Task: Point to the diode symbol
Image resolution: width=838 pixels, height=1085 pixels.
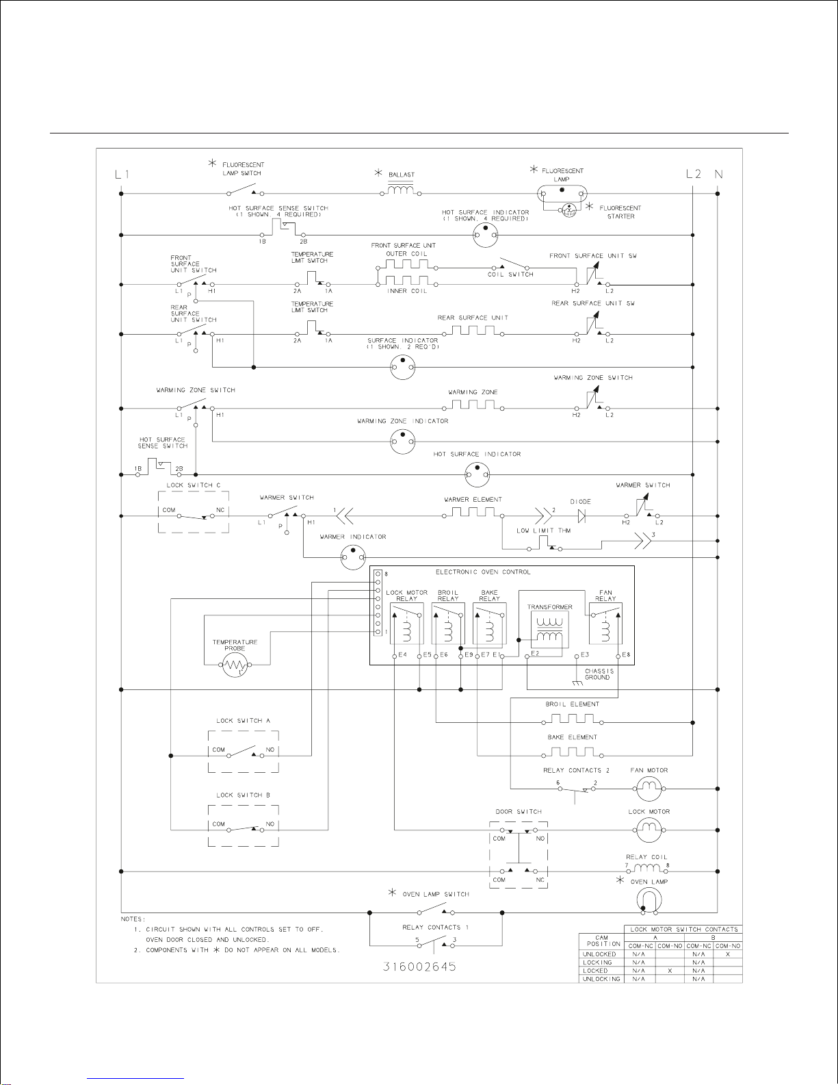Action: point(583,516)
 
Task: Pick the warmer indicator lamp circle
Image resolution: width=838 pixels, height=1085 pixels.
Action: point(353,557)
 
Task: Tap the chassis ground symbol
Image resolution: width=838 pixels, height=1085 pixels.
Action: point(578,682)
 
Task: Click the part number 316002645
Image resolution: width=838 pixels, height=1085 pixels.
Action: point(419,967)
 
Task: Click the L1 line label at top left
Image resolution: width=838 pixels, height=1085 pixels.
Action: point(122,175)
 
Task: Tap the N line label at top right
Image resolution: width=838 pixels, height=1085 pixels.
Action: point(718,175)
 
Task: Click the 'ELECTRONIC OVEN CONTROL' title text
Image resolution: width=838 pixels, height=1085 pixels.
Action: point(483,572)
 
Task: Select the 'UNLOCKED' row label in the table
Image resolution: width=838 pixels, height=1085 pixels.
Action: point(599,954)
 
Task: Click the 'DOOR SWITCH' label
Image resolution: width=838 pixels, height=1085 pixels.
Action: point(519,811)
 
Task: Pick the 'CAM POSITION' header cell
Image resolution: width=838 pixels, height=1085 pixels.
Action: point(601,941)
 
